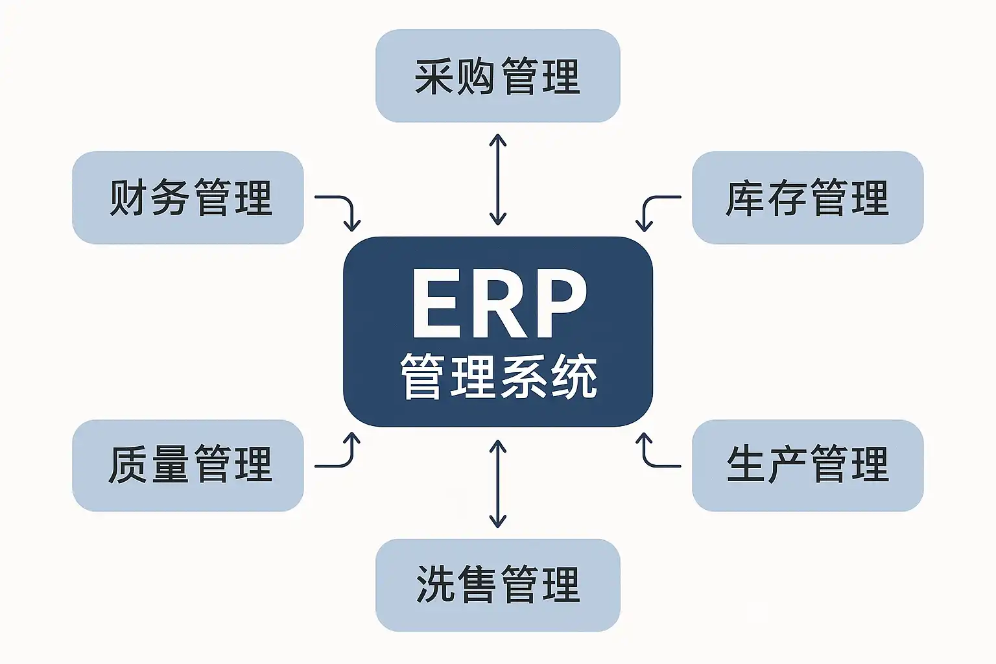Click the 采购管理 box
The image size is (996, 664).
(497, 76)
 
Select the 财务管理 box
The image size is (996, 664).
(188, 198)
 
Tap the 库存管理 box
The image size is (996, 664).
(807, 198)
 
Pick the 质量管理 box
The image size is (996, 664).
(188, 465)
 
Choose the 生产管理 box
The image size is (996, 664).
(807, 465)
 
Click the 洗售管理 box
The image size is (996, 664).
(497, 584)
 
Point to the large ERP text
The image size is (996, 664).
(499, 303)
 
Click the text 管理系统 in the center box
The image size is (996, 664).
(499, 376)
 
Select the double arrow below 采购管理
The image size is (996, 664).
(497, 179)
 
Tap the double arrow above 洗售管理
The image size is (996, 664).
(497, 483)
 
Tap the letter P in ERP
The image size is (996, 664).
(558, 303)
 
